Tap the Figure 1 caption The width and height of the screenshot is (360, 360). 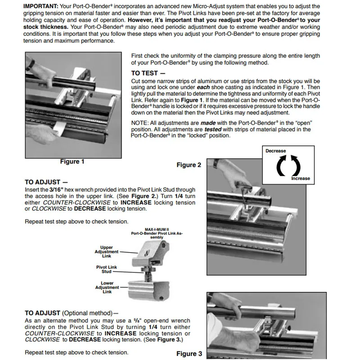click(x=72, y=162)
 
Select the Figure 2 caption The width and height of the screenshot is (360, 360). click(x=189, y=165)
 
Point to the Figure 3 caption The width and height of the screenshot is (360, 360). click(x=189, y=354)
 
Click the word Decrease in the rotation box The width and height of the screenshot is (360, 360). click(x=275, y=151)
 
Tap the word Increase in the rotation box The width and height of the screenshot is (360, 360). click(x=300, y=178)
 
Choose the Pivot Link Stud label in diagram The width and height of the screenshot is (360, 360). click(x=107, y=269)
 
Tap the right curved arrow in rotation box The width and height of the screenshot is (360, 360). click(x=296, y=165)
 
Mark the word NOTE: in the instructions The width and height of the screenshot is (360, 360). click(x=139, y=123)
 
